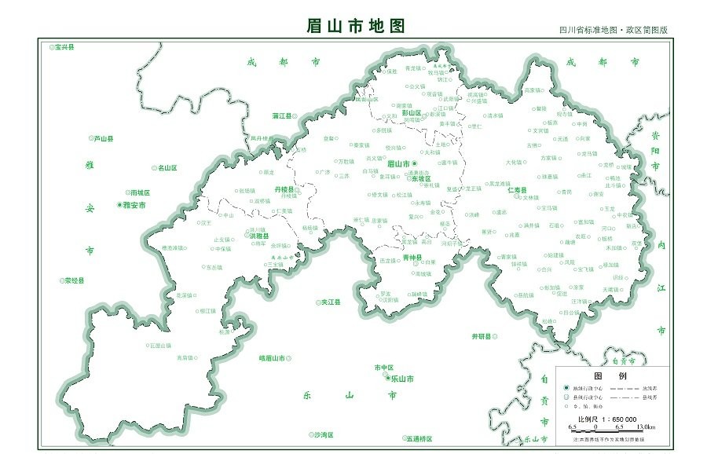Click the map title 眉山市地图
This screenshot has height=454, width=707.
coord(355,25)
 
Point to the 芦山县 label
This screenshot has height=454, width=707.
coord(103,139)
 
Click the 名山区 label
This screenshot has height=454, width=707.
coord(167,167)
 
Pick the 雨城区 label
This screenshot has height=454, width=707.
coord(140,192)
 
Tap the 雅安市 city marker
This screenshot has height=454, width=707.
coord(120,205)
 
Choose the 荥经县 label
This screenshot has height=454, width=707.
coord(74,280)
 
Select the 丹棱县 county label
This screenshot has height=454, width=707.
coord(284,190)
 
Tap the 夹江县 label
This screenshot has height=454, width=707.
coord(331,302)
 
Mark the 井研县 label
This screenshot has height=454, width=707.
coord(480,336)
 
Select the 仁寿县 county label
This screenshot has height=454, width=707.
coord(518,190)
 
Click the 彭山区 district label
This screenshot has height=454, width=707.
coord(412,112)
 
